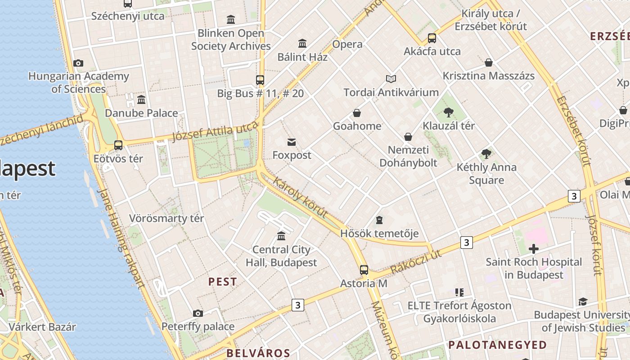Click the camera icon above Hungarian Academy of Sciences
pyautogui.click(x=78, y=63)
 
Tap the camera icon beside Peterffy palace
pyautogui.click(x=198, y=313)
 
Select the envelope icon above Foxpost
pyautogui.click(x=292, y=142)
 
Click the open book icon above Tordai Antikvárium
pyautogui.click(x=391, y=79)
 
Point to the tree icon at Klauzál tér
pyautogui.click(x=448, y=112)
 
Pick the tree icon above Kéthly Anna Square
pyautogui.click(x=486, y=154)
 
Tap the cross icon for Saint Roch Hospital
pyautogui.click(x=534, y=248)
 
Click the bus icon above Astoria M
pyautogui.click(x=364, y=270)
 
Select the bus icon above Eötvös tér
pyautogui.click(x=118, y=145)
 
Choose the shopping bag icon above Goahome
pyautogui.click(x=357, y=112)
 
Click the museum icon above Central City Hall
pyautogui.click(x=281, y=236)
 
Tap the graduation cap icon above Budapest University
pyautogui.click(x=583, y=301)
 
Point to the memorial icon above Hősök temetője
pyautogui.click(x=379, y=220)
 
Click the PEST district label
pyautogui.click(x=222, y=282)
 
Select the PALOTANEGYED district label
pyautogui.click(x=497, y=345)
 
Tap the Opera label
pyautogui.click(x=347, y=44)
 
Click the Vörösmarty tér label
pyautogui.click(x=166, y=219)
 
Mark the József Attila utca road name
pyautogui.click(x=215, y=132)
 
